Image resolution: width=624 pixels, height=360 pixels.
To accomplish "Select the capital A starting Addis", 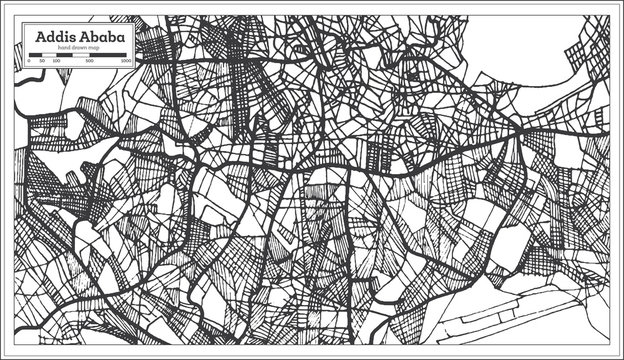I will coord(41,38).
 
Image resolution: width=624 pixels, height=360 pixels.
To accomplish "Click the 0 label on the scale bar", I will coord(29,62).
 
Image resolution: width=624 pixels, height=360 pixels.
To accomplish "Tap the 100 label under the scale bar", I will coord(56,62).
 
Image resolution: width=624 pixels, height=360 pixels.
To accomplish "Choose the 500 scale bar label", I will coord(90,62).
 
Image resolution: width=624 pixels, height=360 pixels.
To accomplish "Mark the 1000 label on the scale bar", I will coord(126,62).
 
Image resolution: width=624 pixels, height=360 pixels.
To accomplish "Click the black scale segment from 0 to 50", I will coord(36,56).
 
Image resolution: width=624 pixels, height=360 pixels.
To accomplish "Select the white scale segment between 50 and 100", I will coord(49,56).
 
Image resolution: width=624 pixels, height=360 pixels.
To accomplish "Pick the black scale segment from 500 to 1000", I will coord(108,56).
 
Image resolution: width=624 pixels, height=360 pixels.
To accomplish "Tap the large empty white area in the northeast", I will coord(530,45).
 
